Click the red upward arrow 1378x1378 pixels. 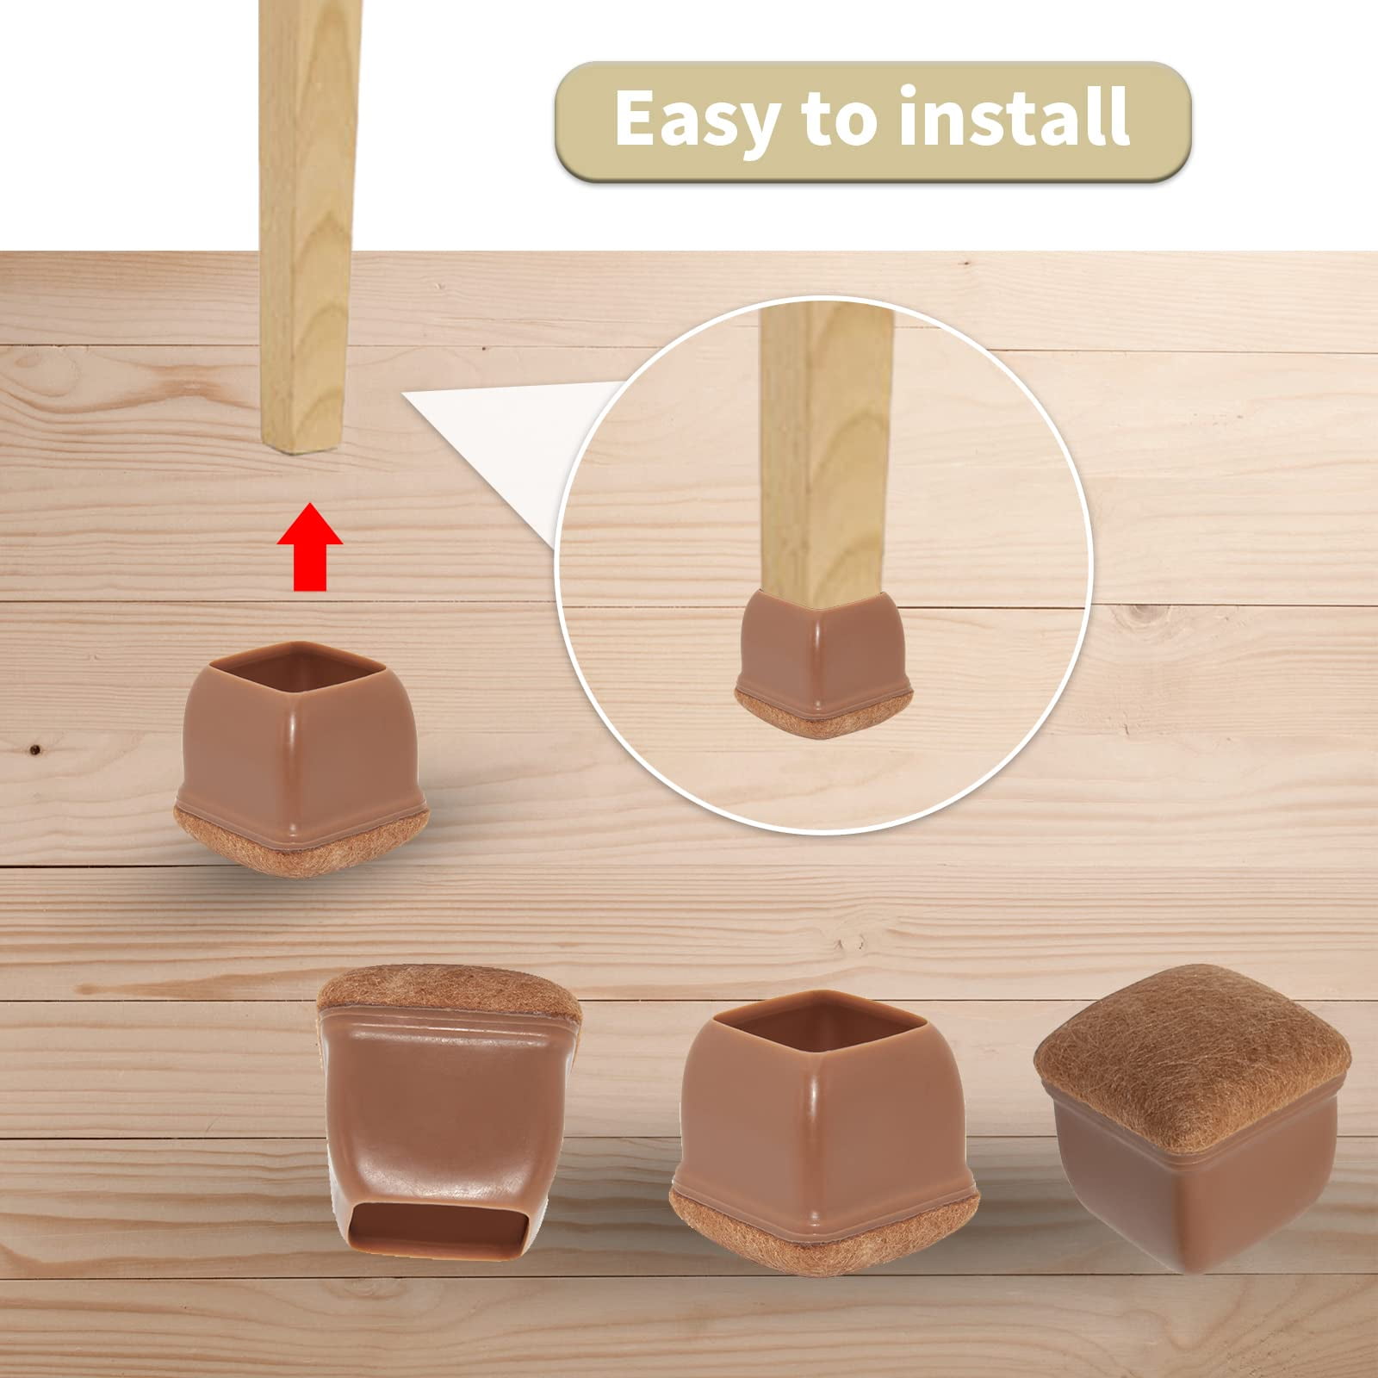click(x=310, y=548)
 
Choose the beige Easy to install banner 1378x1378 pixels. click(x=872, y=121)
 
